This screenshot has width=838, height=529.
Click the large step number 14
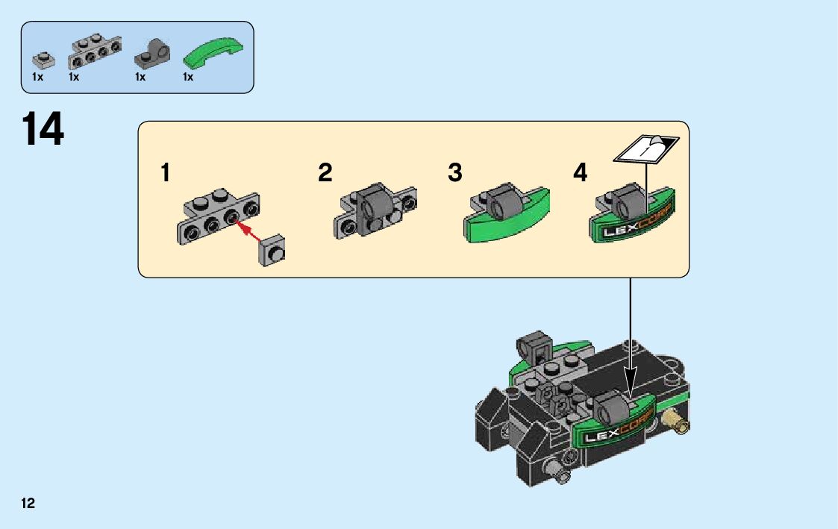point(43,130)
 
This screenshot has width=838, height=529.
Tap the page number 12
point(28,504)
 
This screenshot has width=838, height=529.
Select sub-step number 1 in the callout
point(165,174)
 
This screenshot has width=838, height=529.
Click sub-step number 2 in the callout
point(325,174)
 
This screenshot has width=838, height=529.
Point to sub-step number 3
point(455,174)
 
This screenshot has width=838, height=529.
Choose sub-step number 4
point(581,174)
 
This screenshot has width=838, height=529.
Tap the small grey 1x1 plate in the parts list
point(42,60)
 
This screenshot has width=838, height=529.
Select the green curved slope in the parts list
point(213,54)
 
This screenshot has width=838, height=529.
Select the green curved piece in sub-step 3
point(507,223)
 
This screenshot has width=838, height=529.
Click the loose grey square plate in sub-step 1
point(274,251)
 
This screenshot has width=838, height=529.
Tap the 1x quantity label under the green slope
point(188,77)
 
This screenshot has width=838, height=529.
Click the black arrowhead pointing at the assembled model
point(631,388)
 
